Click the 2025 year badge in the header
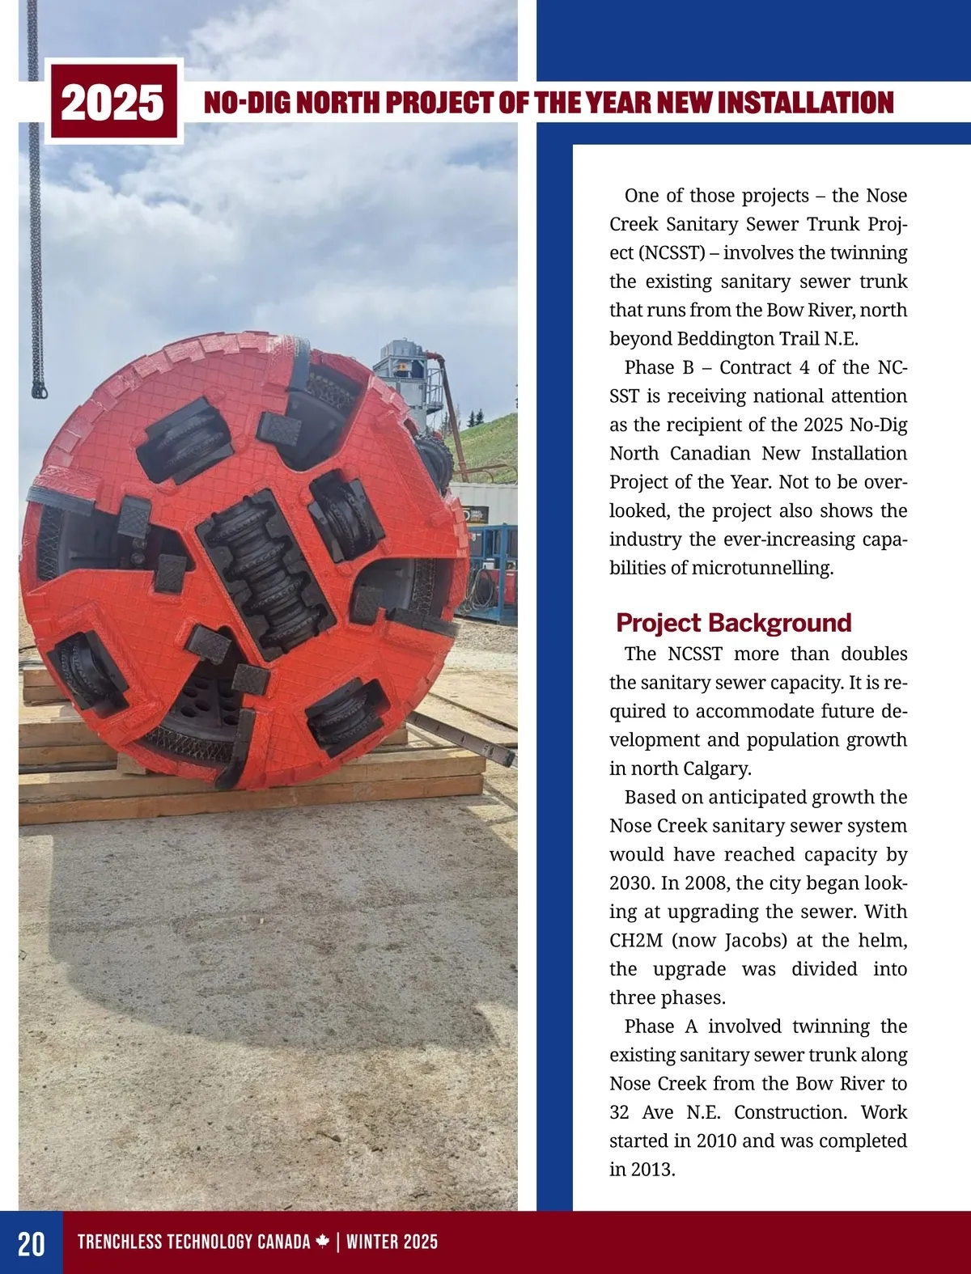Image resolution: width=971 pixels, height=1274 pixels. [x=112, y=103]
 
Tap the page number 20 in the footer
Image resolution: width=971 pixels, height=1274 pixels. [x=31, y=1243]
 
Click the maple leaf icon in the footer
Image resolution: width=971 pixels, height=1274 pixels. [x=322, y=1242]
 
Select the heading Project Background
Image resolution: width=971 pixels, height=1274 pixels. [x=733, y=622]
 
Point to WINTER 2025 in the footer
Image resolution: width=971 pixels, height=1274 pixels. [x=392, y=1242]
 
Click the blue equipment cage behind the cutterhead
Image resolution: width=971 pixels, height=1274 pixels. [x=491, y=570]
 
